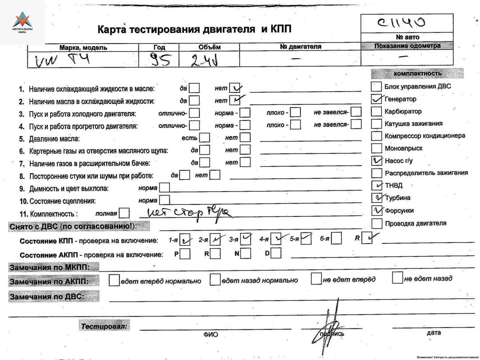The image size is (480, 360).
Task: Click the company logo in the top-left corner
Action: click(22, 22)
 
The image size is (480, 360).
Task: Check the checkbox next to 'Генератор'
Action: click(376, 99)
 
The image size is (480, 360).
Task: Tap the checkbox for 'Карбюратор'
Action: click(376, 111)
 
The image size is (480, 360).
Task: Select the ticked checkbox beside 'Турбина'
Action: click(376, 197)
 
